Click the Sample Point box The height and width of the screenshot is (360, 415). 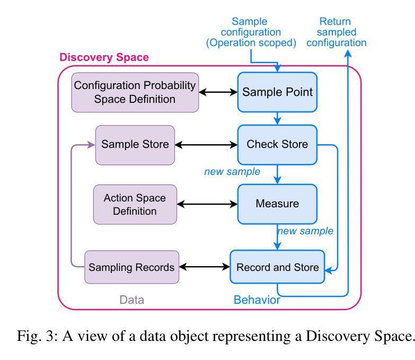[x=277, y=92]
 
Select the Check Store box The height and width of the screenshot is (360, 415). [x=277, y=145]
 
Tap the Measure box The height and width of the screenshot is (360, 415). [x=277, y=204]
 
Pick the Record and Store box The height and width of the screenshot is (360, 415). [x=277, y=267]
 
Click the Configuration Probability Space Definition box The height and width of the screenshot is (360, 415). [x=135, y=92]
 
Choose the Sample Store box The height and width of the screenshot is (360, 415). [x=135, y=145]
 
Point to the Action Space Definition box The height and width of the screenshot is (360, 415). [x=135, y=204]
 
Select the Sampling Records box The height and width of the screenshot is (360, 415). [x=131, y=267]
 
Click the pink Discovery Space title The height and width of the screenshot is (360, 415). [x=104, y=57]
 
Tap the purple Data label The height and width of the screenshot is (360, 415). [x=131, y=300]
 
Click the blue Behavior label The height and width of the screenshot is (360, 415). [x=257, y=300]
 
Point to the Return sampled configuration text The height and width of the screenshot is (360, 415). [x=337, y=32]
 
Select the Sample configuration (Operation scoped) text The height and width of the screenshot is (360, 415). [x=251, y=32]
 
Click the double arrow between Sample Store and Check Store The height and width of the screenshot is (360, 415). [x=206, y=145]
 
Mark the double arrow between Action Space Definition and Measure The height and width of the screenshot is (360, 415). [x=207, y=204]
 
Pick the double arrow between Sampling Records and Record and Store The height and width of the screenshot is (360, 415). [x=205, y=267]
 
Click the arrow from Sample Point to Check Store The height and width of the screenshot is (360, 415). [x=277, y=118]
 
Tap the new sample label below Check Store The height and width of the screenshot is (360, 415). [x=232, y=172]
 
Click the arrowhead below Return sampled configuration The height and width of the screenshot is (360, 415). [x=348, y=54]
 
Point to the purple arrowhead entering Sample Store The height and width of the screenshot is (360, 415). [x=91, y=145]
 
